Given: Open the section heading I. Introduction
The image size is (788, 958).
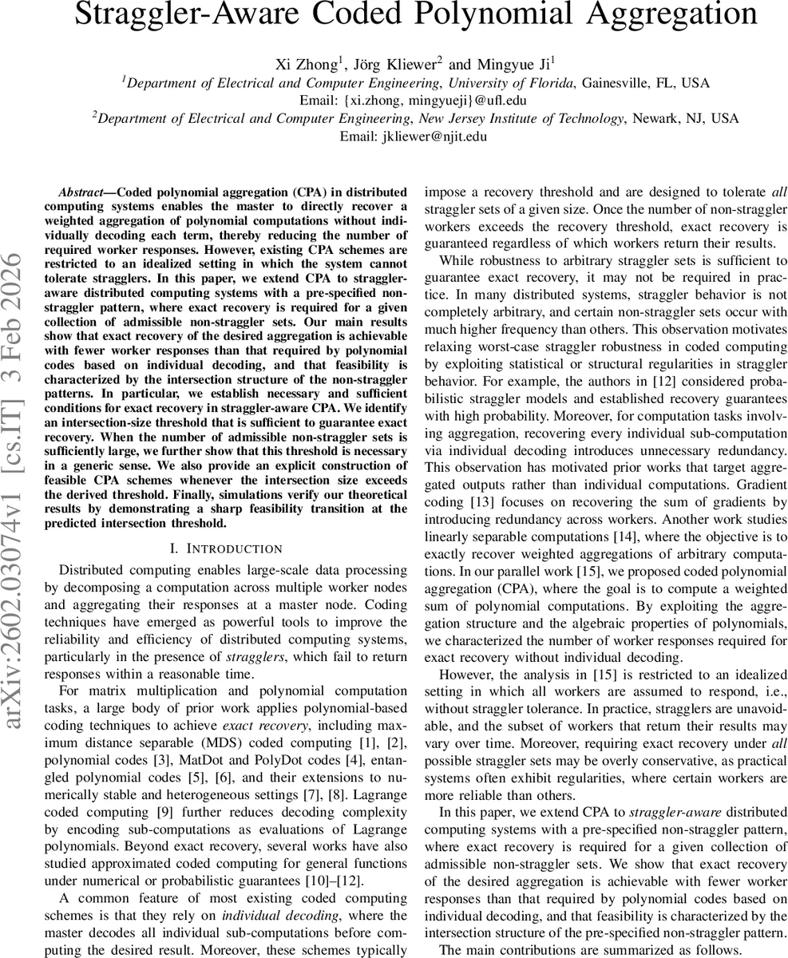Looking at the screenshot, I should (227, 548).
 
